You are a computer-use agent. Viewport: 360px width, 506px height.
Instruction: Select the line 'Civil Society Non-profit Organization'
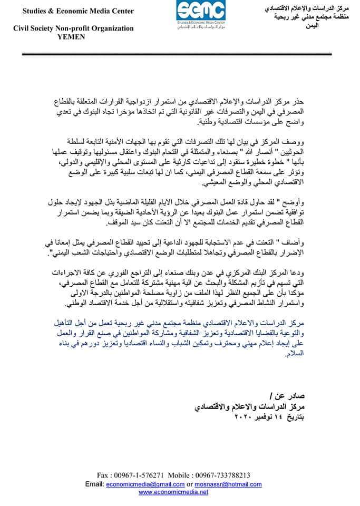[x=73, y=29]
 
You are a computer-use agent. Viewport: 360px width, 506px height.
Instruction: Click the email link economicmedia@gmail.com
[x=140, y=483]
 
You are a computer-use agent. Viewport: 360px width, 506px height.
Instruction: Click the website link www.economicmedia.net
[x=173, y=492]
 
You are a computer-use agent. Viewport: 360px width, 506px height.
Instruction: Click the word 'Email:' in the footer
[x=95, y=483]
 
